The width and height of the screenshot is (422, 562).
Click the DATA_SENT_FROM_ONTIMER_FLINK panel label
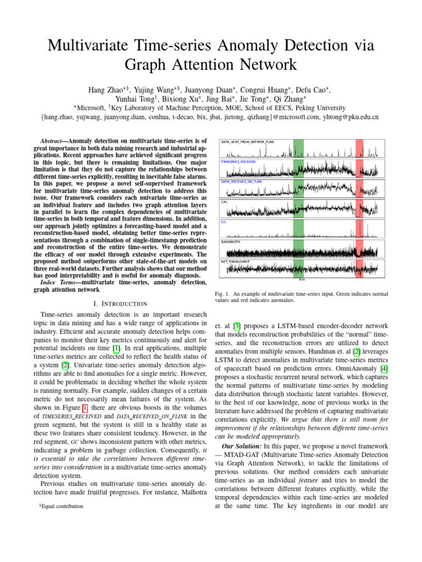click(247, 142)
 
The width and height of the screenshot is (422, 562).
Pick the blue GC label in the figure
click(223, 222)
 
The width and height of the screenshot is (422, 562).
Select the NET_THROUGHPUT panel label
click(235, 262)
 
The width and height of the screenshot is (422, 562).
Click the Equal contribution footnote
click(61, 505)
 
